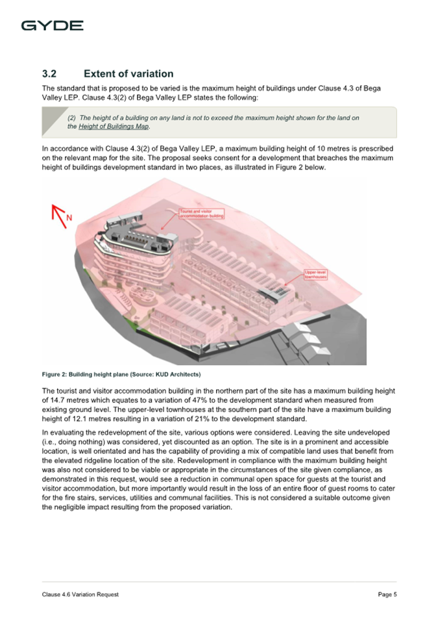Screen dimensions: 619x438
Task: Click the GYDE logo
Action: [52, 26]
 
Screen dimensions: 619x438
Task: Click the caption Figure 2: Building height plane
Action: [91, 375]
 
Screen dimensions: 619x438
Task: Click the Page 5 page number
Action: [387, 594]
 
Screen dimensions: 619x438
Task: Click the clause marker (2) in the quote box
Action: [72, 118]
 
